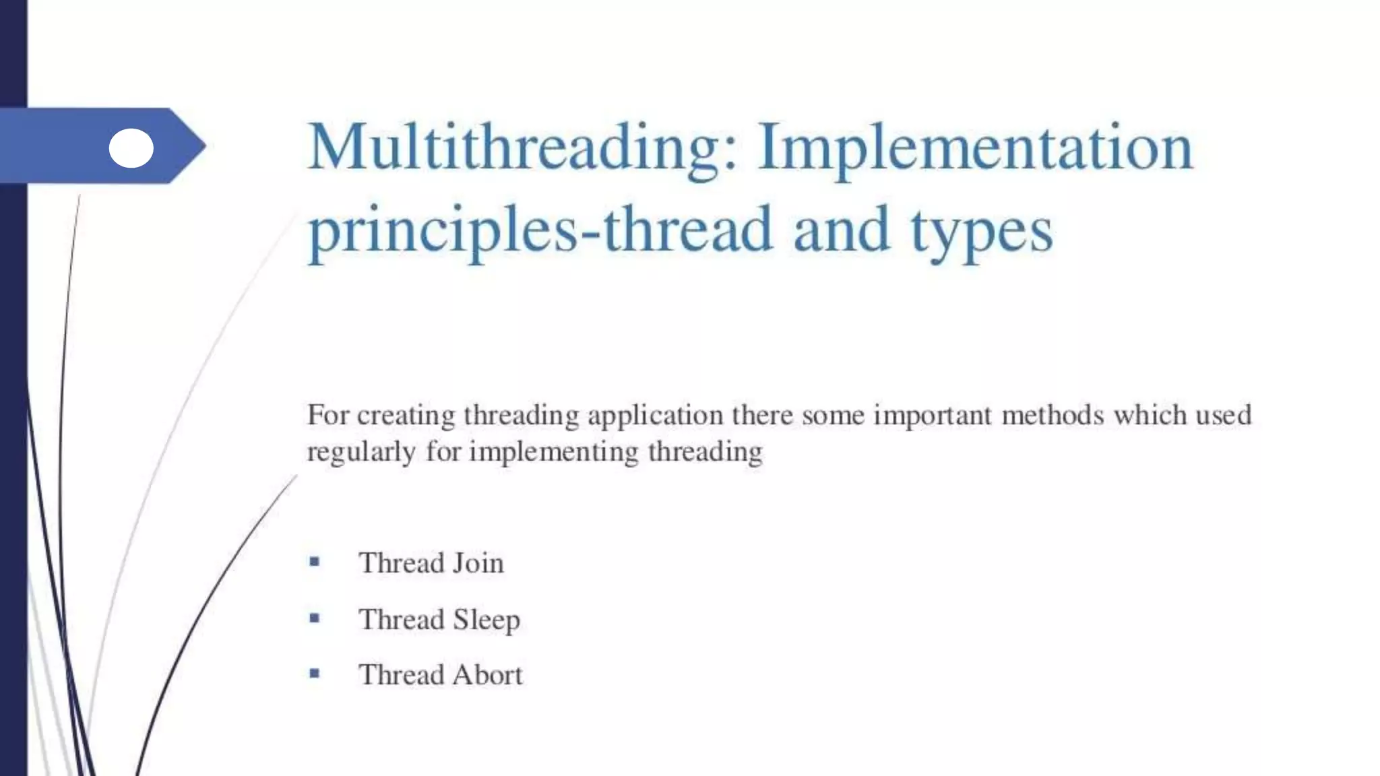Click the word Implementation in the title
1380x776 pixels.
coord(975,148)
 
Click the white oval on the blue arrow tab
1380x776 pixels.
coord(131,148)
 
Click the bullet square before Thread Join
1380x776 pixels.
coord(314,561)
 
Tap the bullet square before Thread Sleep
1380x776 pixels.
coord(314,617)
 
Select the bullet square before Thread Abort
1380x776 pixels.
coord(314,672)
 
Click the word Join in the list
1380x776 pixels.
coord(478,563)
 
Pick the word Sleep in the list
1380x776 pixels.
coord(486,620)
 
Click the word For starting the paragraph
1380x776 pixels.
coord(328,415)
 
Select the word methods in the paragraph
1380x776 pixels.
coord(1053,415)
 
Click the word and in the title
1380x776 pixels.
coord(841,231)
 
